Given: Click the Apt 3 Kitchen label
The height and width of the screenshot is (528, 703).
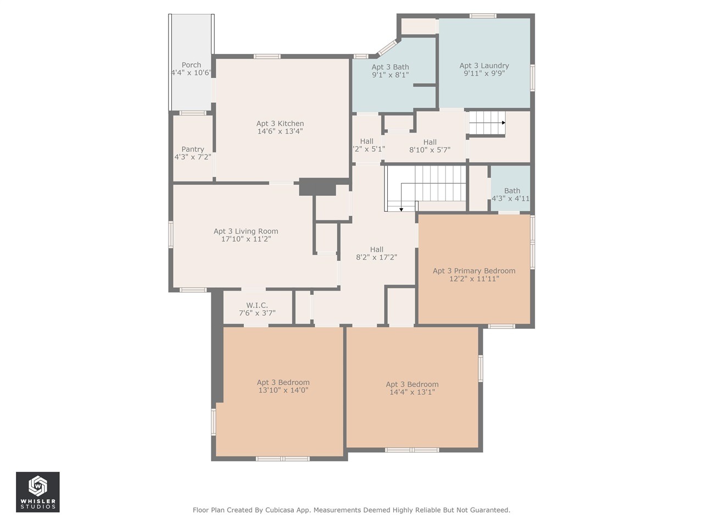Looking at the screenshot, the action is [280, 123].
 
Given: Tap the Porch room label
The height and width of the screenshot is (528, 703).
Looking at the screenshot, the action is [191, 65].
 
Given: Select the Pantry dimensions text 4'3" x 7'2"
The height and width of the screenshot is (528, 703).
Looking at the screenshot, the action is [193, 157].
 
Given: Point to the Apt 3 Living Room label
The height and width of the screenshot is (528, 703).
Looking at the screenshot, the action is [246, 231].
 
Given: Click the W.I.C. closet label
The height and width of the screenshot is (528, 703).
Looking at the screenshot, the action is [257, 305].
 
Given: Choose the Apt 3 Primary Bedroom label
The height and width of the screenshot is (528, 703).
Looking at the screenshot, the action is [474, 271].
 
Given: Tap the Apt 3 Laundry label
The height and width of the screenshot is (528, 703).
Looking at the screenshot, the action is [484, 65].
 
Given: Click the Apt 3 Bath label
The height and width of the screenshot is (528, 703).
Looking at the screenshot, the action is [390, 67].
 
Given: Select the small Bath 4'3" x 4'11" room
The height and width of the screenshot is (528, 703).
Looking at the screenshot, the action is [511, 189].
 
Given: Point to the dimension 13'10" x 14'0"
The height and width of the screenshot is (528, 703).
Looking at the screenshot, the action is [283, 390].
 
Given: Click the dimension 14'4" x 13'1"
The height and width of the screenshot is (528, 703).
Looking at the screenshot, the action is [412, 392].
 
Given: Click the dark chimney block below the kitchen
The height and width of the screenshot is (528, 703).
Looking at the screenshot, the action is [317, 187].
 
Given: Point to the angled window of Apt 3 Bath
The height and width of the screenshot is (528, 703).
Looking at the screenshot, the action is [387, 48].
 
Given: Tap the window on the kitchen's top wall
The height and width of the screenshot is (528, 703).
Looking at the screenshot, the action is [267, 57].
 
